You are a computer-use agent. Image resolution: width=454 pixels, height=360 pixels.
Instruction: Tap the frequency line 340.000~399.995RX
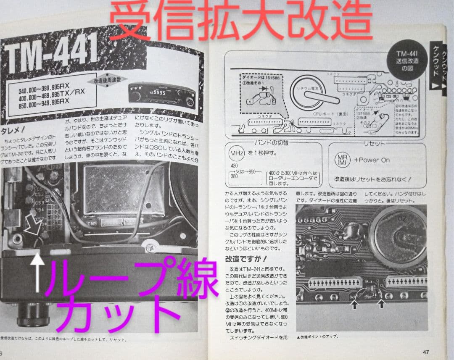(x=44, y=90)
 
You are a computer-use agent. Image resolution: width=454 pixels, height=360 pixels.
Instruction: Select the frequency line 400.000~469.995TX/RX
(x=53, y=98)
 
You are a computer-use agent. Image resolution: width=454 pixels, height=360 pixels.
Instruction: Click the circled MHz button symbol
(x=236, y=153)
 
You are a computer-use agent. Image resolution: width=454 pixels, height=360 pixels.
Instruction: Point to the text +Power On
(x=372, y=160)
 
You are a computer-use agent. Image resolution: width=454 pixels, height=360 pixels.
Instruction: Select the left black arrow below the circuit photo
(x=354, y=305)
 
